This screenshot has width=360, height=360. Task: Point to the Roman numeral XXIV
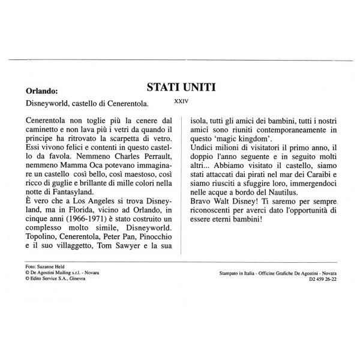point(181,102)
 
